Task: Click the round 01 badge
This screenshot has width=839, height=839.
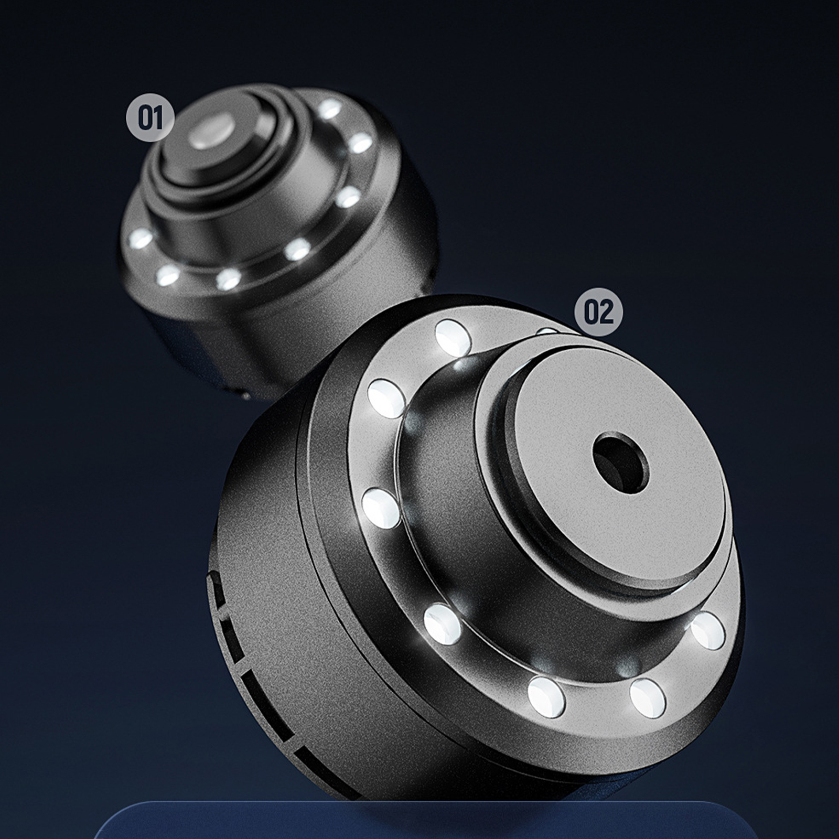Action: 150,119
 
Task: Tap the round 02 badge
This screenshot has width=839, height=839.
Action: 599,313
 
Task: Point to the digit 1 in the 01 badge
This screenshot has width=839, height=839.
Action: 157,119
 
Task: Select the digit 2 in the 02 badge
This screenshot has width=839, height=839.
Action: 606,313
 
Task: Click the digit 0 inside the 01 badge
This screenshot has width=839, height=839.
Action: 144,119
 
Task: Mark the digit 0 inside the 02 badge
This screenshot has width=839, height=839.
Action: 591,313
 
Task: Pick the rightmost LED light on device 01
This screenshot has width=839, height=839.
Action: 361,143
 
